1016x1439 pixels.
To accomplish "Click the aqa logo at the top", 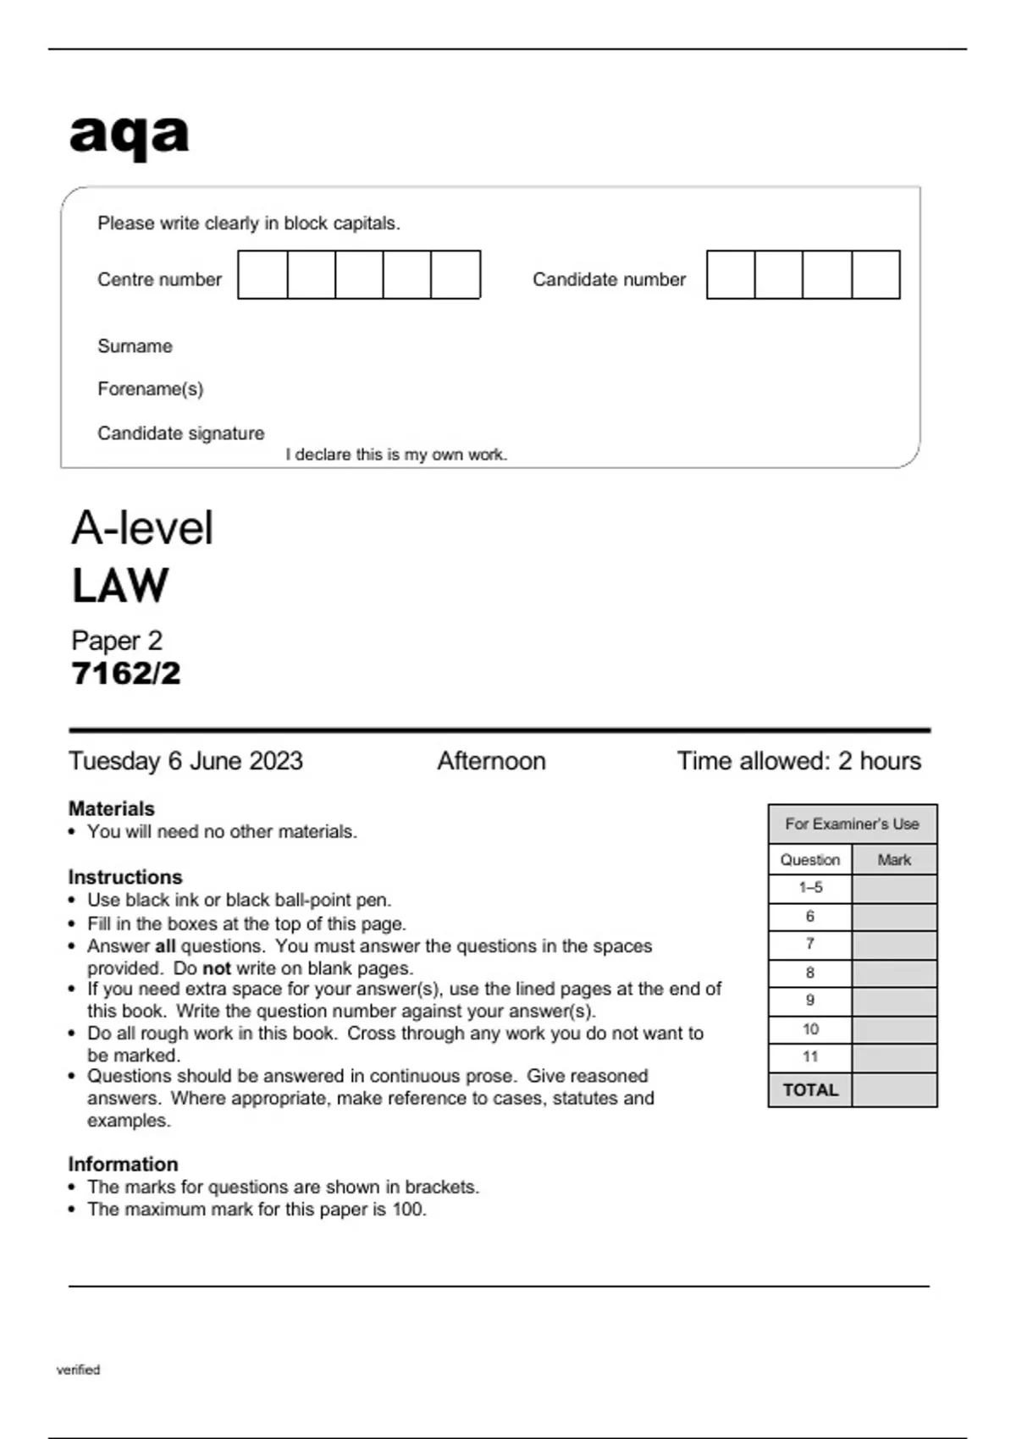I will (129, 135).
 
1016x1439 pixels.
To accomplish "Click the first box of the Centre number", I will (262, 274).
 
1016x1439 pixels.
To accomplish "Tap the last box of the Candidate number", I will (875, 274).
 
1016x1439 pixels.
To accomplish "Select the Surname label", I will (135, 346).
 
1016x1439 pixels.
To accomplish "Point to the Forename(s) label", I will (150, 389).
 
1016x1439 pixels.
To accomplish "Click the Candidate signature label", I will (180, 433).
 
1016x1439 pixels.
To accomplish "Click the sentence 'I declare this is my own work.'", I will (396, 455).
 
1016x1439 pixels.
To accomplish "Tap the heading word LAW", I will (120, 586).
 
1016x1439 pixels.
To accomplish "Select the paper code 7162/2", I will (126, 674).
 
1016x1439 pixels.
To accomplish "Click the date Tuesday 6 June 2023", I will (185, 761).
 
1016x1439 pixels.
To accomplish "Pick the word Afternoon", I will (491, 761).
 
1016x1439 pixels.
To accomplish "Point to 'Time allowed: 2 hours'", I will (798, 761).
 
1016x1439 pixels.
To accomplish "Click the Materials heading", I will (111, 808).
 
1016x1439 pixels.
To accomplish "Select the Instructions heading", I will (125, 877).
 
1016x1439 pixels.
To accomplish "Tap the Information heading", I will (123, 1164).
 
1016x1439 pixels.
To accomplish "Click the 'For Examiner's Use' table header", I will (852, 824).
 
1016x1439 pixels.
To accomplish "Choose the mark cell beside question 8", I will (894, 973).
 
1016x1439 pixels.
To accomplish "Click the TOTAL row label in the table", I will (810, 1090).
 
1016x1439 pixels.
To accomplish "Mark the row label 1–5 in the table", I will (810, 888).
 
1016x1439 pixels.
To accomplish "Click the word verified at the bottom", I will (78, 1370).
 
